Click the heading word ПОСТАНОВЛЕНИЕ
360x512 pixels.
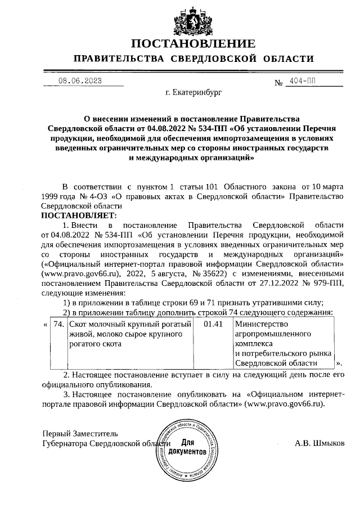pos(193,44)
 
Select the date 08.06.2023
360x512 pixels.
pos(80,81)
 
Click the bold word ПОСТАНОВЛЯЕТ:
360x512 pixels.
pos(78,215)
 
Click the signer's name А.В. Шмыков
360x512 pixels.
pos(320,443)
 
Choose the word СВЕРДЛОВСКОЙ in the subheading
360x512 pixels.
pos(217,59)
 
